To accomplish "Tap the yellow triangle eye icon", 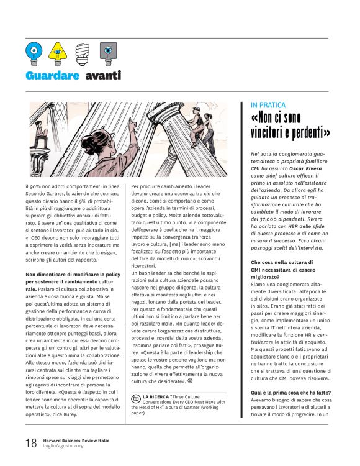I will (58, 53).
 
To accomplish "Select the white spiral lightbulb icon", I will (82, 53).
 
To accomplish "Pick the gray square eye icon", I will (107, 53).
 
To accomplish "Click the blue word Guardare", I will (53, 76).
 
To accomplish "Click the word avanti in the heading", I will (103, 76).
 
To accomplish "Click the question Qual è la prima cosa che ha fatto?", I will (290, 392).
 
